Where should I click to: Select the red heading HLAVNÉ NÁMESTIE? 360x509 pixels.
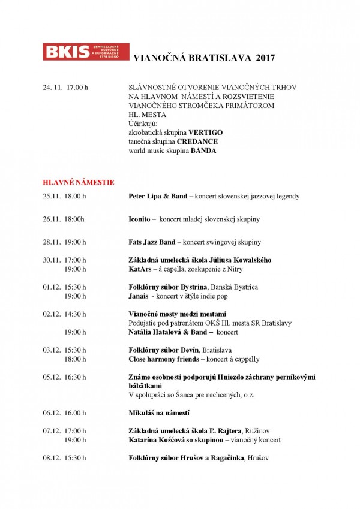click(x=78, y=182)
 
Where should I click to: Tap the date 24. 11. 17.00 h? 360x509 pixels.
click(x=65, y=88)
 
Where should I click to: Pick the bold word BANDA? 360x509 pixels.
click(x=203, y=150)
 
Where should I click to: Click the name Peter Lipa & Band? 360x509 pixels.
click(x=158, y=196)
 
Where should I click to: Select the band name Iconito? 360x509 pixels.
click(x=139, y=219)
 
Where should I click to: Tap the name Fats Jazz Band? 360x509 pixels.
click(x=152, y=242)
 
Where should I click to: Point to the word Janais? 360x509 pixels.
click(x=139, y=296)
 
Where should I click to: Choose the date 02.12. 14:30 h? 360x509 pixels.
click(x=64, y=314)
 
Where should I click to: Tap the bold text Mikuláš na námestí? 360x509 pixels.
click(x=159, y=413)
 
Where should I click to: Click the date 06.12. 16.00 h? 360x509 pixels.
click(x=64, y=413)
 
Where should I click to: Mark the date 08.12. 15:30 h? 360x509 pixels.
click(x=64, y=458)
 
